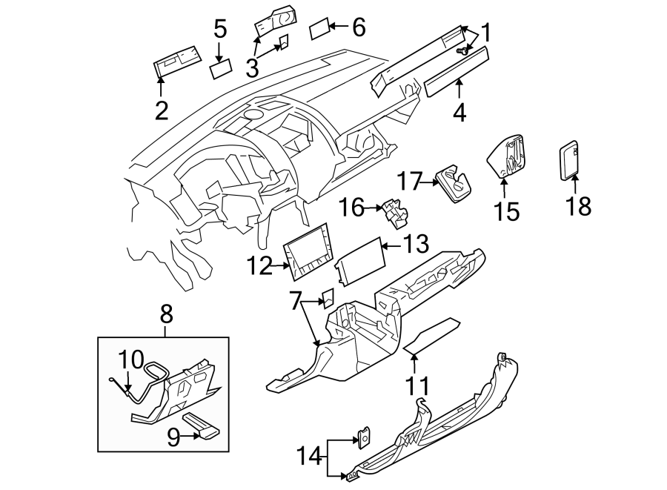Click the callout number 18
(579, 206)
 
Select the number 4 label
(459, 113)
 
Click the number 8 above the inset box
(166, 314)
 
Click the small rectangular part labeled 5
(221, 70)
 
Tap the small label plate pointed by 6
(318, 30)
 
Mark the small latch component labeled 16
(394, 212)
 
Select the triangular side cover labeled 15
(508, 156)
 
